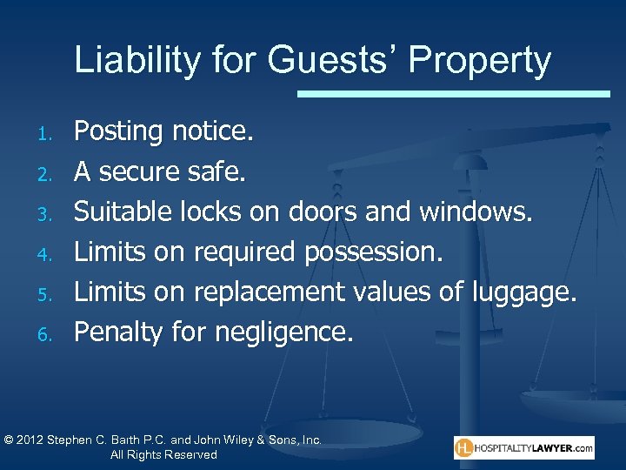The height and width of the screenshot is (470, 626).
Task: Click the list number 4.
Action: pos(50,254)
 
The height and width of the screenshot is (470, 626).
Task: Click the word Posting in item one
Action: pos(119,132)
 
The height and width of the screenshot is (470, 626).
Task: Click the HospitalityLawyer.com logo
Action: pos(524,447)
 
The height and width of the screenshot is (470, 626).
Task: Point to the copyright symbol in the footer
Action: pos(8,440)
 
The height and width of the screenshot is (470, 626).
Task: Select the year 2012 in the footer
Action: pos(31,440)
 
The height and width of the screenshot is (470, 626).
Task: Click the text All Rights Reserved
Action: pos(163,455)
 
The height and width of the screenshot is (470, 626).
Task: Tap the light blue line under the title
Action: pos(453,93)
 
